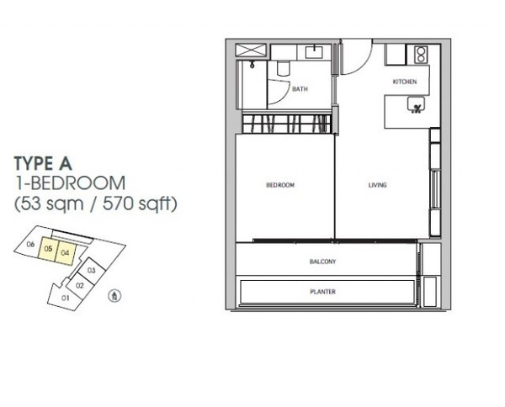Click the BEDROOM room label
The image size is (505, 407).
[x=280, y=185]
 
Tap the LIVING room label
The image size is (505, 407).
[x=377, y=185]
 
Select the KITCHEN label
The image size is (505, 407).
[x=405, y=82]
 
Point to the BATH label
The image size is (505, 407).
[x=300, y=89]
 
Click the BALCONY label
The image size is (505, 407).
[x=322, y=262]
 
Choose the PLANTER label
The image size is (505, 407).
[x=322, y=292]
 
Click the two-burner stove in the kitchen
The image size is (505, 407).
[x=422, y=54]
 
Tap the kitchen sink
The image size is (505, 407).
[x=416, y=105]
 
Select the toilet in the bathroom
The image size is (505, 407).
[x=284, y=68]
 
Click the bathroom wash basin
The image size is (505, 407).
[x=314, y=52]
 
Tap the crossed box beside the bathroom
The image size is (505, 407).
[x=251, y=50]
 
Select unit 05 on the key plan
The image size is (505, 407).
[x=48, y=249]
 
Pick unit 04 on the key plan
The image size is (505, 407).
[x=66, y=254]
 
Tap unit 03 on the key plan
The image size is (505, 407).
[x=92, y=270]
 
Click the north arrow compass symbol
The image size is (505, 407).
[x=114, y=296]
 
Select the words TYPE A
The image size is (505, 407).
[x=43, y=163]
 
